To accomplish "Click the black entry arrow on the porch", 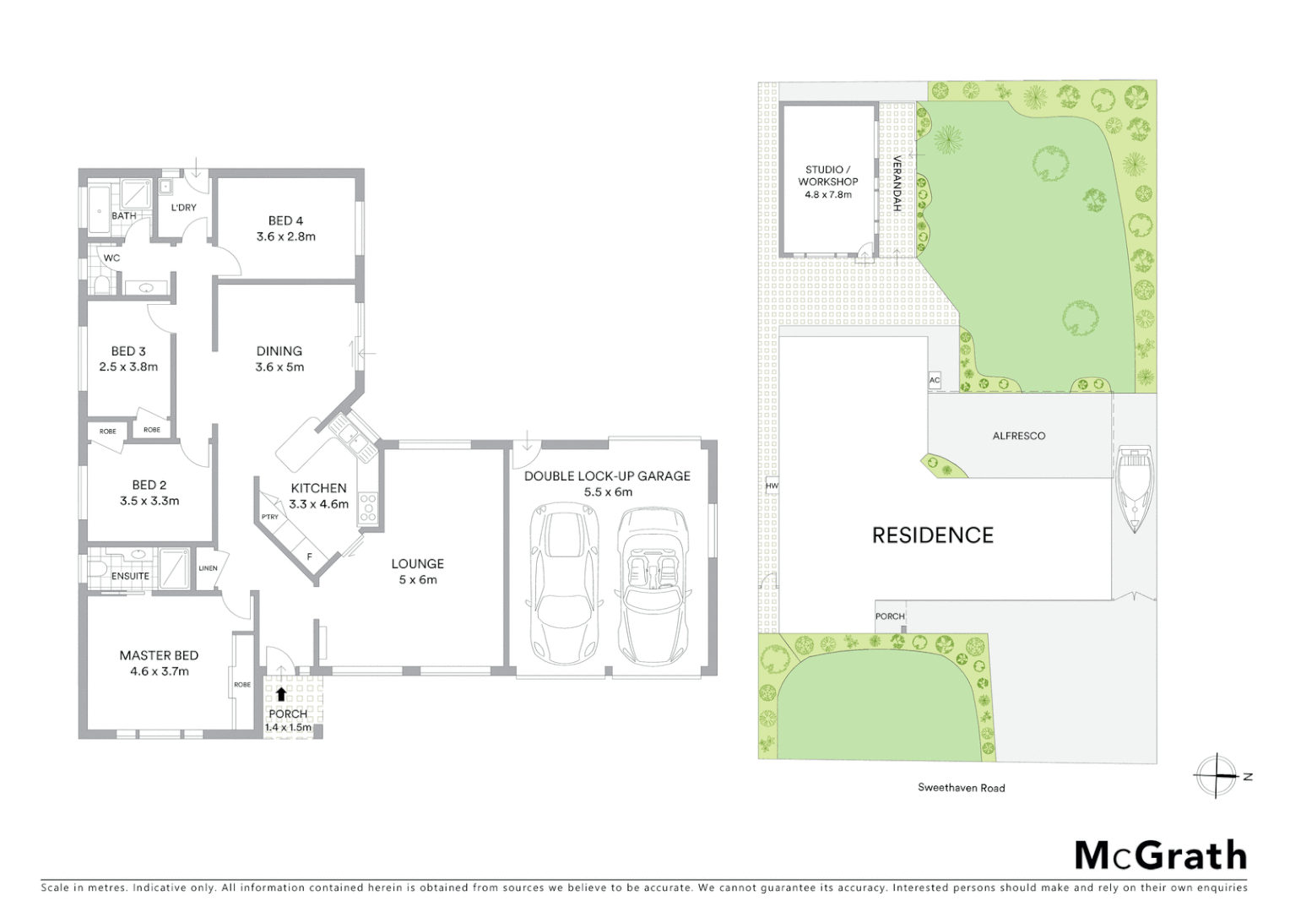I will tap(281, 694).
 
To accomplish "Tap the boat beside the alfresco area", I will tap(1132, 489).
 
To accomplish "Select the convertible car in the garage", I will tap(648, 585).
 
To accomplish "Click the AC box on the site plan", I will tap(935, 380).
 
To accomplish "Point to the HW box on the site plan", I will tap(771, 486).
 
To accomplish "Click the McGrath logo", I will tap(1161, 855).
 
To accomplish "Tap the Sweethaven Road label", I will tap(962, 788).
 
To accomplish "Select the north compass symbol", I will tap(1217, 775).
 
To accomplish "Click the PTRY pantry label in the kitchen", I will tap(270, 517).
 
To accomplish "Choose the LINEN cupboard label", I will tap(208, 568).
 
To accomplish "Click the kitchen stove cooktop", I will tap(369, 507).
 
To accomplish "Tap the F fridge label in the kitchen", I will tap(310, 556).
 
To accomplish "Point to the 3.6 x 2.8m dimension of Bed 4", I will tap(286, 236).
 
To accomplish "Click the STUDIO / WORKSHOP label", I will tap(828, 176).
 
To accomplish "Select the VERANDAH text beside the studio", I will tap(897, 183).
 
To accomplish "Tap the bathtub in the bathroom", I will tap(97, 202).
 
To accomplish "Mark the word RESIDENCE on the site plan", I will tap(933, 535).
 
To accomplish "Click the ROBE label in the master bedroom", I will tap(242, 685).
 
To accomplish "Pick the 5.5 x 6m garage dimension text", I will tap(608, 491).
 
